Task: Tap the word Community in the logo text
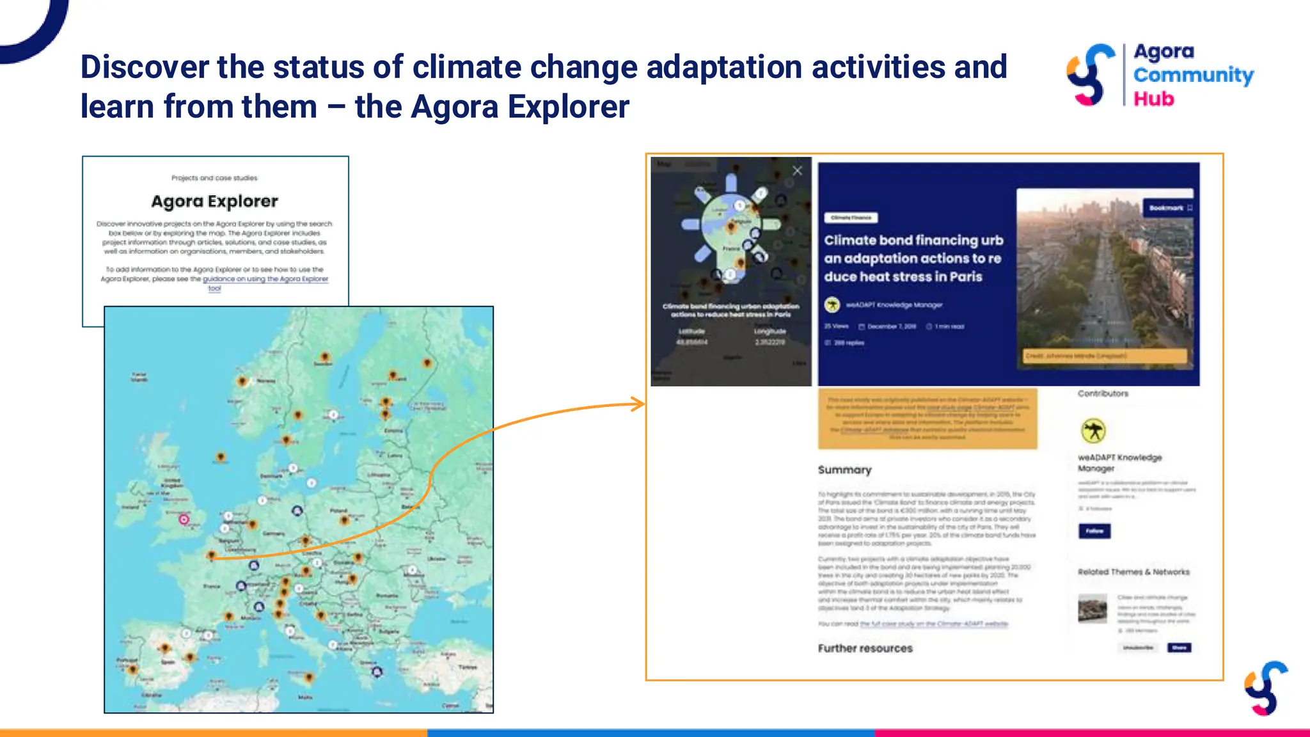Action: [x=1193, y=75]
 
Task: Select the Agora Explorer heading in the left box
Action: [x=214, y=202]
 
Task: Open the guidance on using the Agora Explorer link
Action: [x=265, y=279]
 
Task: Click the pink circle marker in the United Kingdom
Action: [x=184, y=519]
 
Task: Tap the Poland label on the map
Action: [x=338, y=511]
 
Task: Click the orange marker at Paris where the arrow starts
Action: [x=212, y=555]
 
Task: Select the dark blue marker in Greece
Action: [x=377, y=671]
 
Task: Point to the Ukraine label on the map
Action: [x=436, y=559]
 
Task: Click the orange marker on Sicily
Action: [x=309, y=676]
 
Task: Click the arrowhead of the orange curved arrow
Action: [x=638, y=404]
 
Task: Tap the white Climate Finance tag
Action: [x=851, y=218]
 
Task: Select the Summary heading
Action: [x=844, y=470]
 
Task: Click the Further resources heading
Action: [x=865, y=648]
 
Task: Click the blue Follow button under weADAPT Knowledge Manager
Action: [x=1094, y=531]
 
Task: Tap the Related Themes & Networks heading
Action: [x=1133, y=572]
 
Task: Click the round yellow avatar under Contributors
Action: [x=1093, y=431]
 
